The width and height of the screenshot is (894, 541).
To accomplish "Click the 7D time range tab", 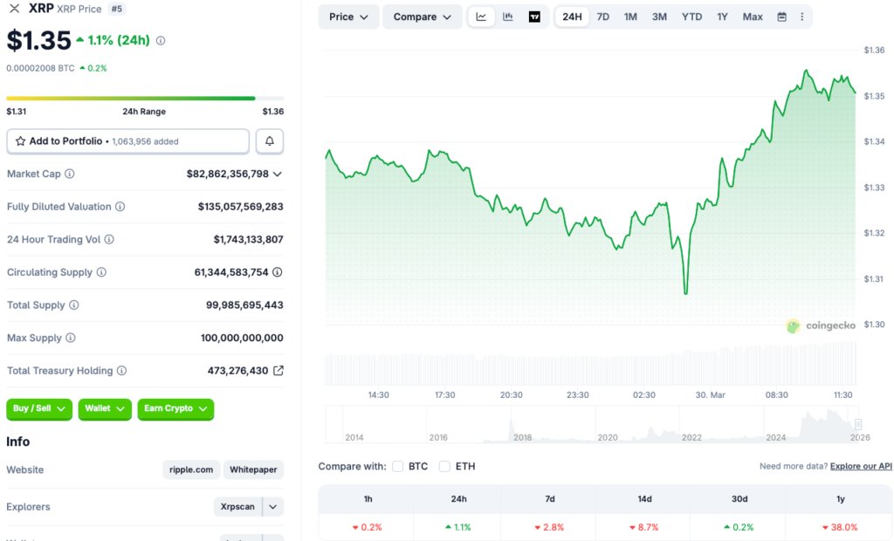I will [603, 17].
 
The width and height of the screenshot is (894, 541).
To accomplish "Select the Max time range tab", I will [753, 17].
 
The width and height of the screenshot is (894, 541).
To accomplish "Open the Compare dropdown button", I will [423, 17].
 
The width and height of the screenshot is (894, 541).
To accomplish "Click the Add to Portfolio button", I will [127, 141].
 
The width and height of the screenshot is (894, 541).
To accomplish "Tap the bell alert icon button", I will [270, 141].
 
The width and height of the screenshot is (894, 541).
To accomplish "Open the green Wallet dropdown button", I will [105, 408].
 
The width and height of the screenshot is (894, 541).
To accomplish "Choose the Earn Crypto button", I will [175, 408].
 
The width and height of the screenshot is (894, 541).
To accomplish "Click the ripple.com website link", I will [191, 469].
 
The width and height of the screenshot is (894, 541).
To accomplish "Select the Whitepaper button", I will [253, 469].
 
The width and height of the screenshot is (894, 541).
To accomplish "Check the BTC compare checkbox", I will [398, 466].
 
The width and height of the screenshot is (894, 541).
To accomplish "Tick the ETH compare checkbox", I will [444, 466].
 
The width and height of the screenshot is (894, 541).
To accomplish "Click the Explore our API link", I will [861, 466].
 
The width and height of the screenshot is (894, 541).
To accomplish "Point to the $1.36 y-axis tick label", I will [874, 50].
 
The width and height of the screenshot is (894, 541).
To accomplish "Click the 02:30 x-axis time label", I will [644, 395].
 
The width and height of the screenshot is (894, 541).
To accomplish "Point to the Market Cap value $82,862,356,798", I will [228, 174].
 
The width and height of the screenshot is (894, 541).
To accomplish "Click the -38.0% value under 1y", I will [839, 527].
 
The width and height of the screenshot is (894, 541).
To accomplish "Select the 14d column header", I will [644, 499].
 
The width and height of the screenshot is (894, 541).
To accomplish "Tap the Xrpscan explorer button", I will [237, 506].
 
